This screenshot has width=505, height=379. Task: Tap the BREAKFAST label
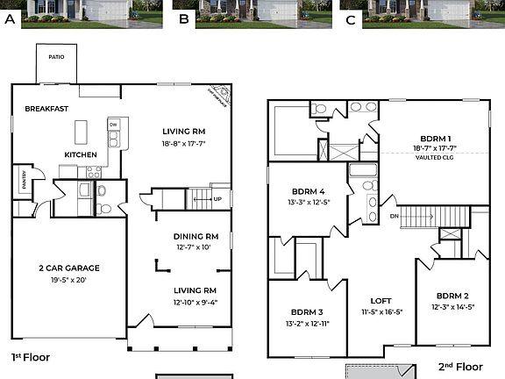46,109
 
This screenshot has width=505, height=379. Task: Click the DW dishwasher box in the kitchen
113,125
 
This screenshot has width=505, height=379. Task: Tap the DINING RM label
195,237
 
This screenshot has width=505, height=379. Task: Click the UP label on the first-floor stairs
217,198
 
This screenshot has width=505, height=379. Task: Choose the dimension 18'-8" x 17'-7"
183,143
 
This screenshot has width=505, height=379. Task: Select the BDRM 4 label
308,191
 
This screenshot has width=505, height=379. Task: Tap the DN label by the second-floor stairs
395,215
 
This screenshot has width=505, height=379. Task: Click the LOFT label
381,299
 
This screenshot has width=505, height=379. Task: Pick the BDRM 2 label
454,296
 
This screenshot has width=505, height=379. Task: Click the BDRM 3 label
307,312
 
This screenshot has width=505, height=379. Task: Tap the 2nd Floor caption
460,366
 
